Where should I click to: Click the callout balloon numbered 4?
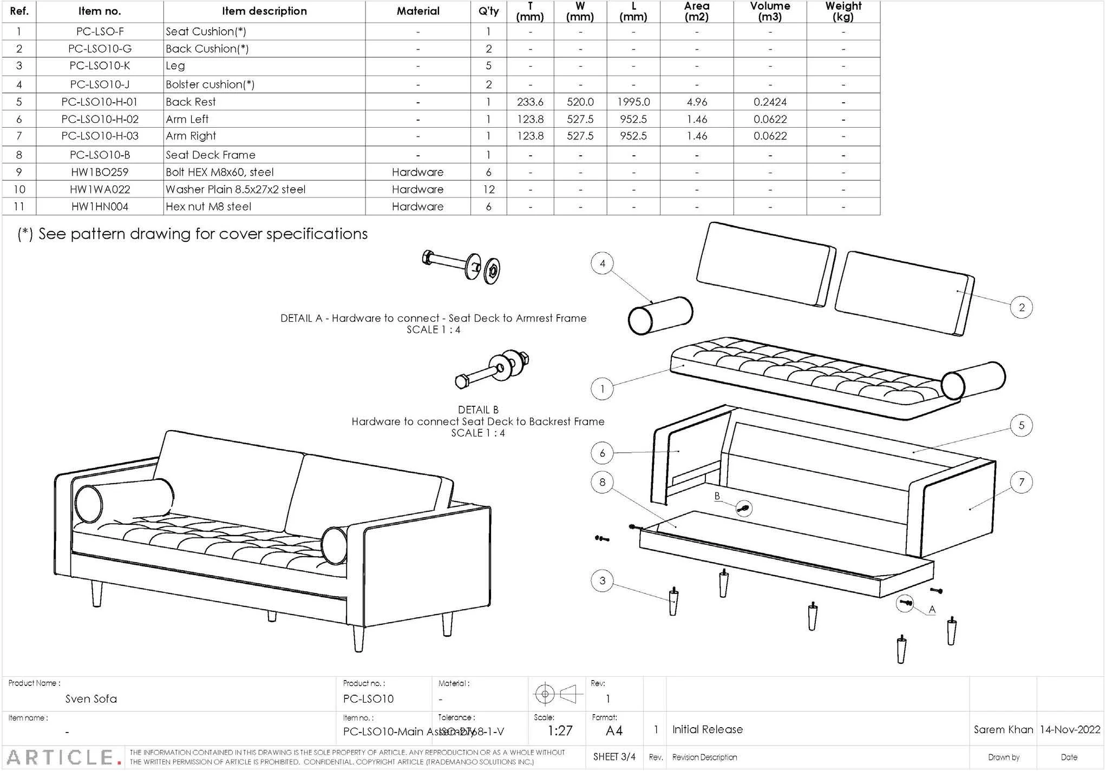tap(602, 263)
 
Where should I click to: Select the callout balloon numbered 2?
tap(1021, 307)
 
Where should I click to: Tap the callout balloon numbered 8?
tap(602, 482)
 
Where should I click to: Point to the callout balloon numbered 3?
tap(602, 581)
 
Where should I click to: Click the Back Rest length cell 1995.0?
tap(633, 102)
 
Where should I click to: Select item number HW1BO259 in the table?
tap(100, 172)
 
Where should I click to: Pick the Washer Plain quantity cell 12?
tap(488, 189)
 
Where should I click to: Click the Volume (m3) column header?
tap(769, 11)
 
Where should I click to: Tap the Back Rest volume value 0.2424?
tap(769, 102)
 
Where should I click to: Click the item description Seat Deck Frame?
tap(210, 155)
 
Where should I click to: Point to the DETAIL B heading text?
tap(477, 410)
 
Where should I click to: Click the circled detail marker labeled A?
tap(905, 602)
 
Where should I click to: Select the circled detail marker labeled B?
tap(744, 508)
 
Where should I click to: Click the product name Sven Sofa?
tap(91, 698)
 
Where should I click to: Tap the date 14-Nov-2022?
tap(1069, 729)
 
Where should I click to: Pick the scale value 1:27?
tap(559, 731)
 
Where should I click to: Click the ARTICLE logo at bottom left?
tap(63, 757)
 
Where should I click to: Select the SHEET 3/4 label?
tap(614, 757)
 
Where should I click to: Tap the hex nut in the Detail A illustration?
tap(492, 270)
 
